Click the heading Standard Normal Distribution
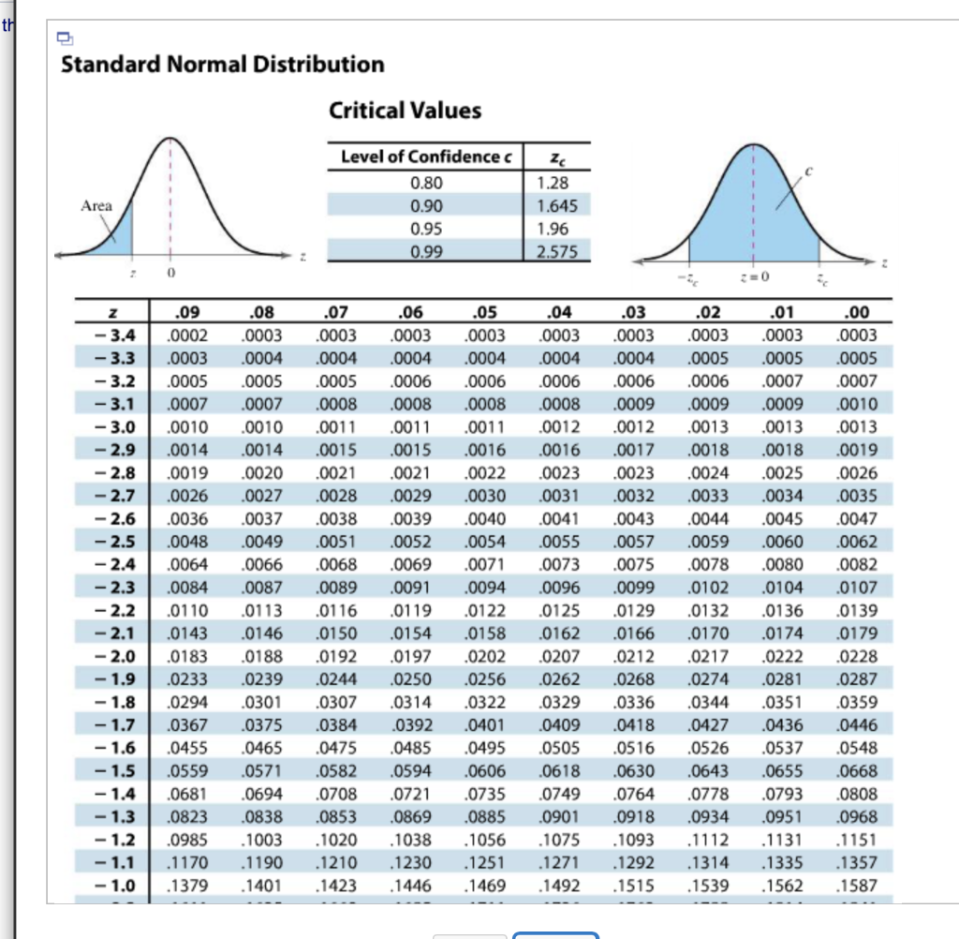pyautogui.click(x=222, y=65)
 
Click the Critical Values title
pyautogui.click(x=405, y=111)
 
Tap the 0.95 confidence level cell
pyautogui.click(x=426, y=228)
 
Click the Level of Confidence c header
pyautogui.click(x=426, y=156)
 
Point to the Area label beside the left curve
pyautogui.click(x=96, y=205)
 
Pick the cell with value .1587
pyautogui.click(x=858, y=886)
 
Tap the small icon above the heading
pyautogui.click(x=65, y=37)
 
